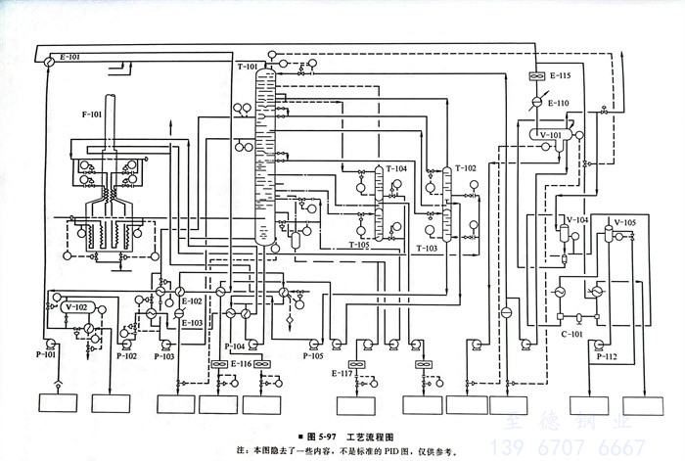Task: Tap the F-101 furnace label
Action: click(91, 115)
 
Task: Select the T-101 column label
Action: click(248, 67)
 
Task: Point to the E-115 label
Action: click(560, 75)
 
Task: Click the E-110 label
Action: click(558, 103)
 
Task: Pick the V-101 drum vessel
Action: click(550, 135)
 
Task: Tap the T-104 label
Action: click(396, 168)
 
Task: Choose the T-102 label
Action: click(465, 168)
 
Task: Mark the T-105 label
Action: click(359, 245)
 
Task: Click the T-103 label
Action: click(428, 249)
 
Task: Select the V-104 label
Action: click(576, 220)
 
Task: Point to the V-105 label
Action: click(624, 221)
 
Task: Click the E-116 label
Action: click(241, 363)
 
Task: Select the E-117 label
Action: click(342, 374)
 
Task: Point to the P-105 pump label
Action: click(312, 356)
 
